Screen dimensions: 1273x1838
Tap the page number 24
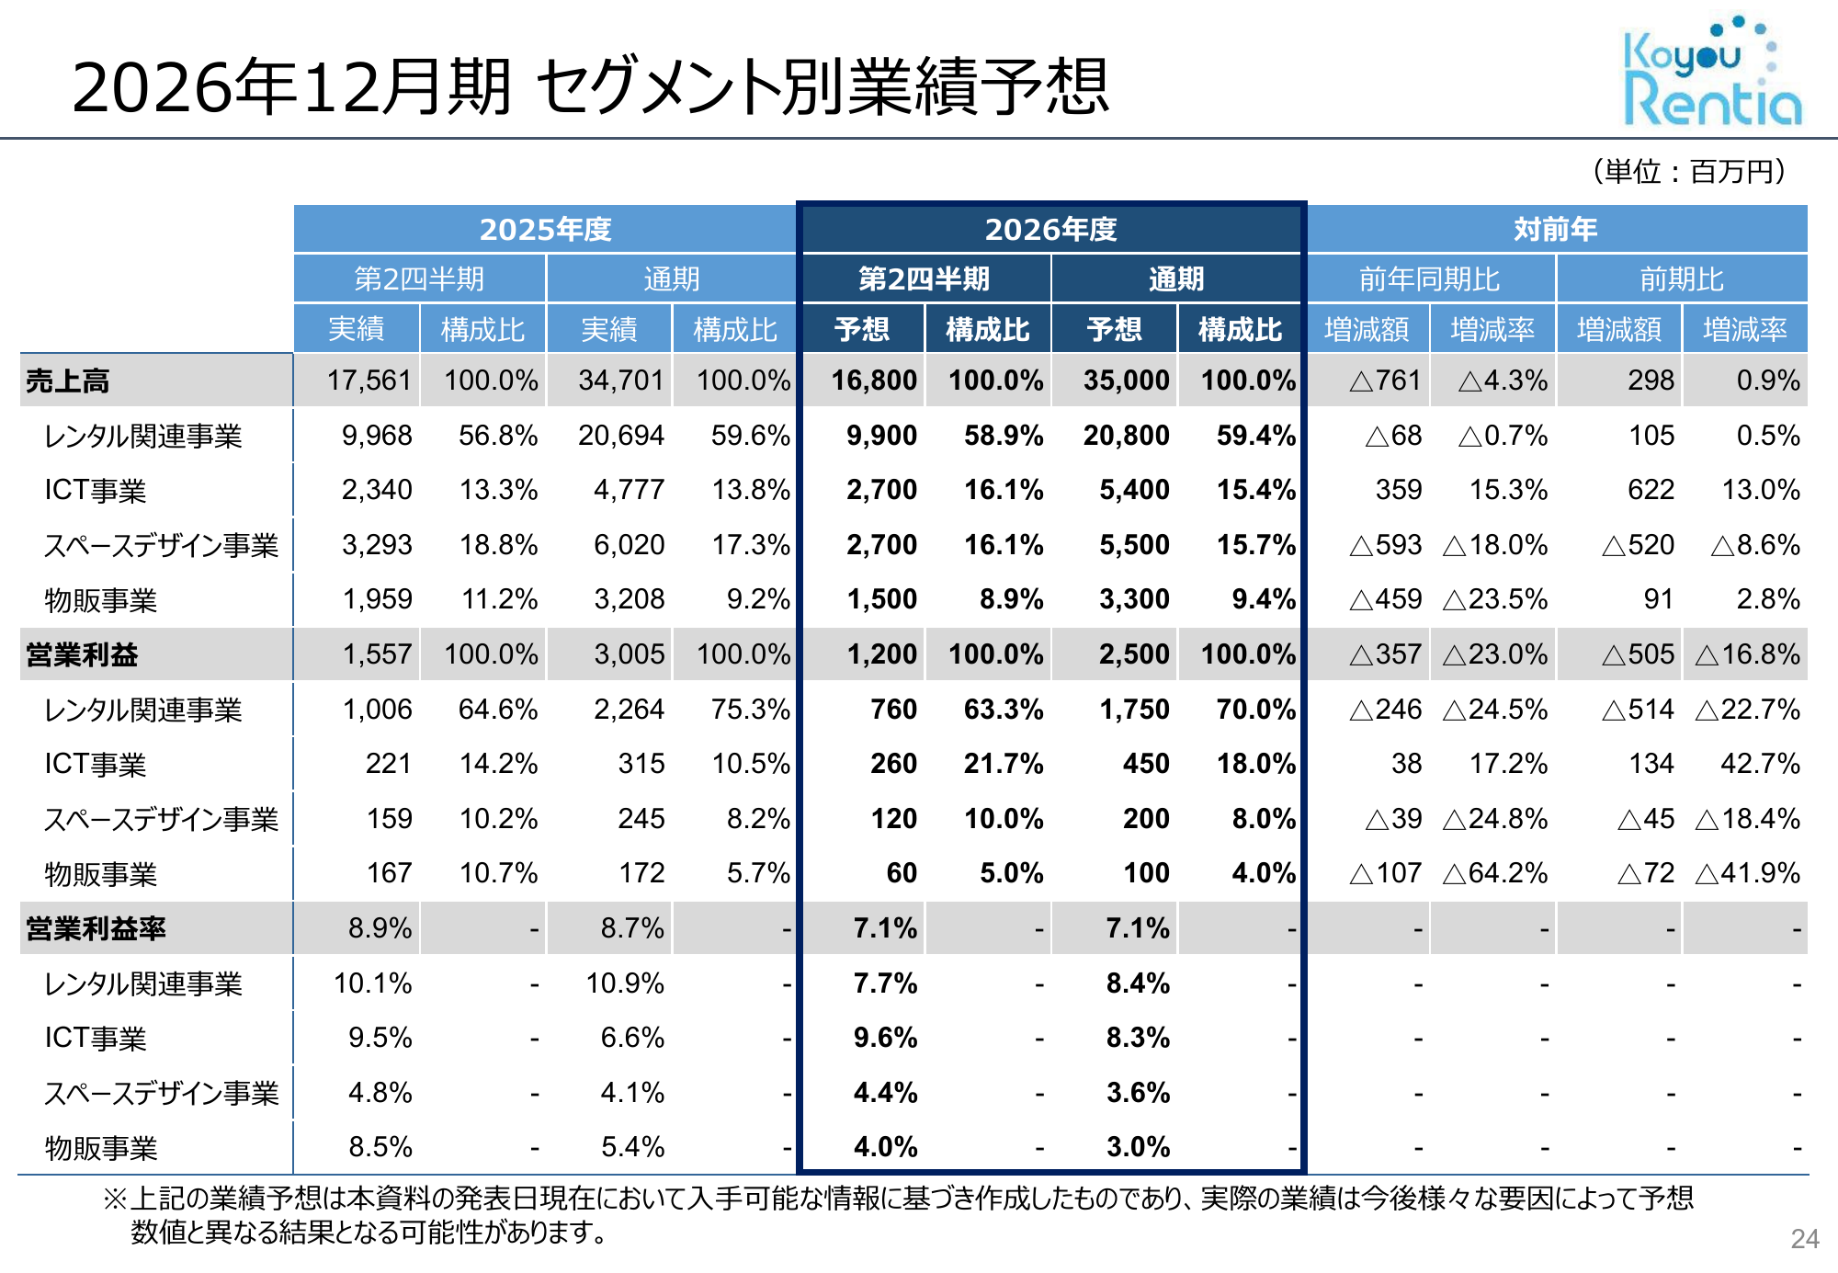[1804, 1239]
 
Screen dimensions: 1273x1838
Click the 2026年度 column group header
[1050, 229]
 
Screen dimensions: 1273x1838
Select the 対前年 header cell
[1555, 229]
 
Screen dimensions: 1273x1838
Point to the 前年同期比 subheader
[1429, 278]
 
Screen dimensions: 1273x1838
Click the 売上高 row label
[68, 381]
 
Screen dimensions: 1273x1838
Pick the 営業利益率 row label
[96, 928]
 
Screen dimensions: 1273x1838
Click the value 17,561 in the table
[369, 381]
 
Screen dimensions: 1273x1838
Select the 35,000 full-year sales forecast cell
[1126, 381]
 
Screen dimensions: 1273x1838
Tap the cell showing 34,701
[620, 381]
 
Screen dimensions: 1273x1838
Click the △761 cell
[1385, 381]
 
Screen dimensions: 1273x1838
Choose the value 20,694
[620, 435]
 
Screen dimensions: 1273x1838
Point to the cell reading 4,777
[629, 490]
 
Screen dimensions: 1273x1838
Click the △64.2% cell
[1495, 872]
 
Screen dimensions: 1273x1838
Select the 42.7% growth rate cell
[1760, 763]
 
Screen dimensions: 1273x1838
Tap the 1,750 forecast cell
[1134, 709]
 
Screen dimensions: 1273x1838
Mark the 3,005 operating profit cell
[629, 654]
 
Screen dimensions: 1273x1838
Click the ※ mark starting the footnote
[114, 1199]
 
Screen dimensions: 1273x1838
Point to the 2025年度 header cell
[545, 229]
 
